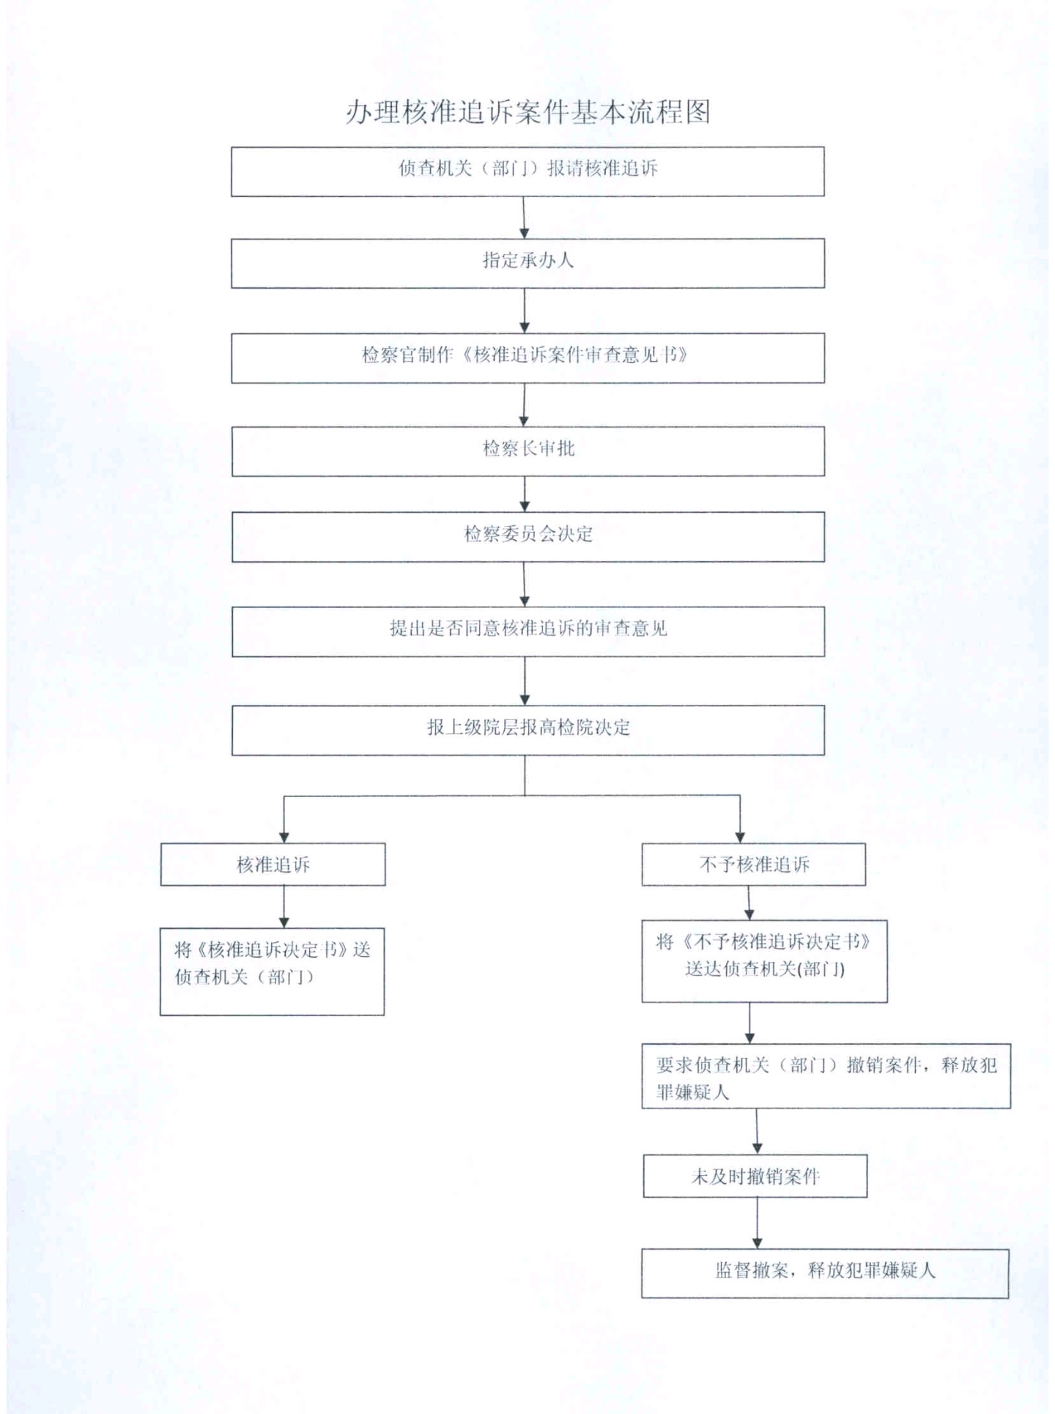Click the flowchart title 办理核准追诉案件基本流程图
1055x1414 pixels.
527,112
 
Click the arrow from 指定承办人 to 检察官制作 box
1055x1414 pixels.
525,311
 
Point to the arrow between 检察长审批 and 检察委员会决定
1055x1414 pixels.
525,494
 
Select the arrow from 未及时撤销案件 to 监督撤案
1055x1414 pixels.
757,1224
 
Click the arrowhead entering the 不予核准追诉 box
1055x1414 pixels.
740,837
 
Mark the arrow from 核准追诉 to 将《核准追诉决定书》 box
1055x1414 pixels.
284,907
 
